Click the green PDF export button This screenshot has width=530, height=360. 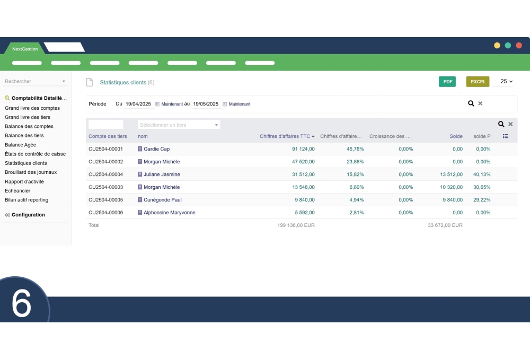(447, 82)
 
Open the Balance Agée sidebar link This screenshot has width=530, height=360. (21, 145)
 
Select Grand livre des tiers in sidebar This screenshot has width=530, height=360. (28, 117)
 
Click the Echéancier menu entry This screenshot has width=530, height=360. (17, 191)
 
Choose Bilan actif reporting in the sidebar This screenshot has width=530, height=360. (26, 200)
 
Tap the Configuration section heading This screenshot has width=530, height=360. (28, 215)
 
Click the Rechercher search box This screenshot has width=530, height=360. (32, 81)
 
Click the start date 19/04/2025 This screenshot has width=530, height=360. (138, 104)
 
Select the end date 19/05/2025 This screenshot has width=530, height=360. (206, 104)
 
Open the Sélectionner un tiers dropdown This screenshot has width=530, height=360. (179, 125)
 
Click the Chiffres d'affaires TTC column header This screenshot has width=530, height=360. (285, 136)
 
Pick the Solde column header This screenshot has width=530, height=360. (456, 136)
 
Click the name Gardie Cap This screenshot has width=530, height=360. (157, 149)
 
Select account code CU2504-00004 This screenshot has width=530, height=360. (105, 174)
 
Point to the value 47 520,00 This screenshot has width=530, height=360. (303, 162)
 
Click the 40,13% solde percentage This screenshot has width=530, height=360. (482, 174)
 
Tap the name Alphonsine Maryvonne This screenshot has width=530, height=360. (170, 213)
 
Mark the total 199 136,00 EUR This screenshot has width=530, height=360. (296, 225)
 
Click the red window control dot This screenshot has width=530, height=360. (519, 46)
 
